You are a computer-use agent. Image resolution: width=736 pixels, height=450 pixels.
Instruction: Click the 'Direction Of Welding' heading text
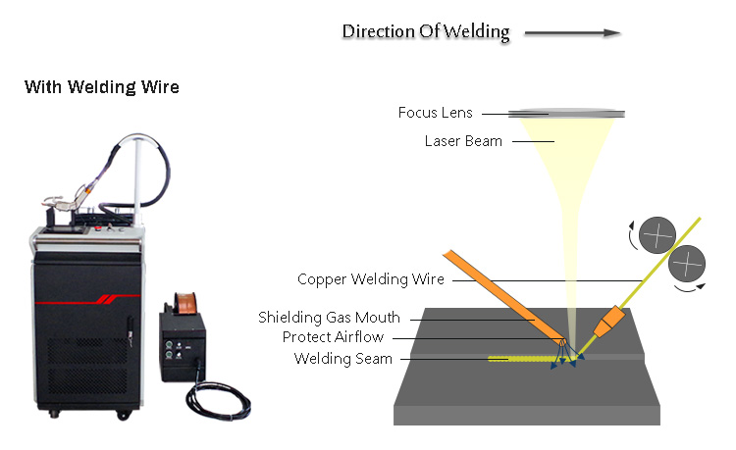[425, 31]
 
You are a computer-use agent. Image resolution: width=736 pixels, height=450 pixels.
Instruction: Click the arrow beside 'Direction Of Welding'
[572, 32]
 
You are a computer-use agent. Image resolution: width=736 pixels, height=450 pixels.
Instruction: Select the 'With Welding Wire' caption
[102, 87]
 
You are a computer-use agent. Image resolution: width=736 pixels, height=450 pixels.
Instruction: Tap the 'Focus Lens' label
[435, 113]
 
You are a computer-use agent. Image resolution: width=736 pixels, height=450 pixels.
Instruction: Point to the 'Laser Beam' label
[463, 141]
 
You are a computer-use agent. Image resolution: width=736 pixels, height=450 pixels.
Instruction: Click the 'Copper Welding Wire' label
[371, 279]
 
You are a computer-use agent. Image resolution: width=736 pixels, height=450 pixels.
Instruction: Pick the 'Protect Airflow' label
[333, 337]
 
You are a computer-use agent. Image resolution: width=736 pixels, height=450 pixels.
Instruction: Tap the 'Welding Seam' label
[343, 359]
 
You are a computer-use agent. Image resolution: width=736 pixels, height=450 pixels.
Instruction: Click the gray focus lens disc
[572, 113]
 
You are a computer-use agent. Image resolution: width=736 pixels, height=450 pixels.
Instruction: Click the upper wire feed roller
[657, 235]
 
